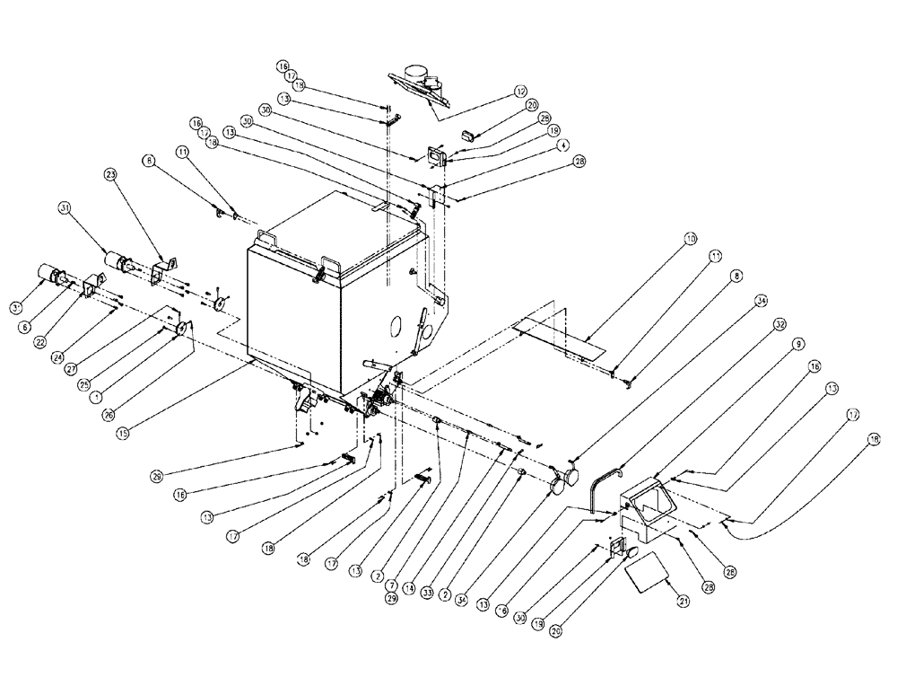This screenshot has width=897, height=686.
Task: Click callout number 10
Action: [689, 239]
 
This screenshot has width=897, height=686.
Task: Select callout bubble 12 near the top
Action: [519, 91]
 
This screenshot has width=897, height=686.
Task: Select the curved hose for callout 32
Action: [599, 485]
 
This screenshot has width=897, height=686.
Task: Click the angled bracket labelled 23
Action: [162, 272]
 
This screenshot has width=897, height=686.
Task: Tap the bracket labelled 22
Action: [92, 290]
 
